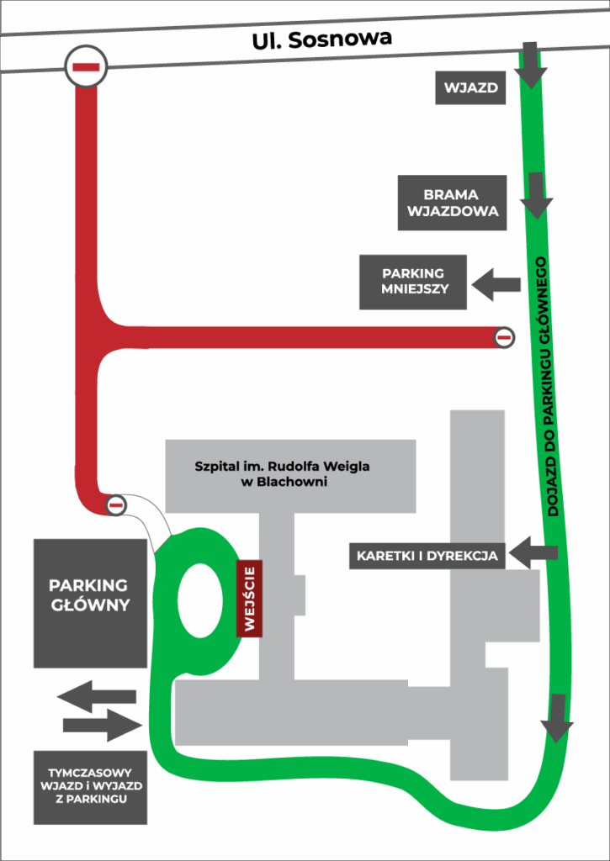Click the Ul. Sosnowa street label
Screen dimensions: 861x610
(321, 39)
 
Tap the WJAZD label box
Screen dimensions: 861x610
(470, 87)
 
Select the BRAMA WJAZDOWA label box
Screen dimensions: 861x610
(453, 203)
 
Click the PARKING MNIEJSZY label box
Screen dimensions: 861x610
(413, 282)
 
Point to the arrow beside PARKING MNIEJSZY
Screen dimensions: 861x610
(496, 283)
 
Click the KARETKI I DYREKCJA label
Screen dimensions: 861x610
(427, 556)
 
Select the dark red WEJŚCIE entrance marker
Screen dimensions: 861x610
(249, 598)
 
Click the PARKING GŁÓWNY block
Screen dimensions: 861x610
(90, 603)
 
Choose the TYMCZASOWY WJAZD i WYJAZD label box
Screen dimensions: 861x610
(90, 786)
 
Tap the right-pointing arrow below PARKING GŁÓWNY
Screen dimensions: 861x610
(102, 725)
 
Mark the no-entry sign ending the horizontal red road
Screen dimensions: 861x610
(503, 337)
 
